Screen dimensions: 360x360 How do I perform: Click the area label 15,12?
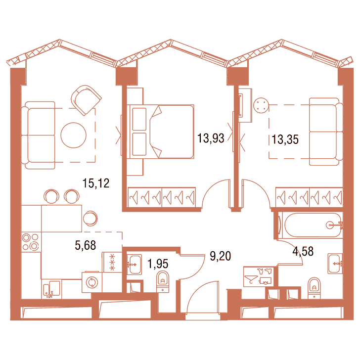(x=96, y=183)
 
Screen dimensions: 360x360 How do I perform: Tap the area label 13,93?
(x=211, y=138)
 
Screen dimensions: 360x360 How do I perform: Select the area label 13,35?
(x=285, y=139)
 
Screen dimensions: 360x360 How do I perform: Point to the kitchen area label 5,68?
(x=85, y=245)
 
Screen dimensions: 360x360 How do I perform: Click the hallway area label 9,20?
(x=220, y=256)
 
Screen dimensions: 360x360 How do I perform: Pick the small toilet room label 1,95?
(x=158, y=264)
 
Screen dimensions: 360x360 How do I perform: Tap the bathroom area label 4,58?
(x=303, y=251)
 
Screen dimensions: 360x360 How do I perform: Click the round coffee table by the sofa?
(x=74, y=135)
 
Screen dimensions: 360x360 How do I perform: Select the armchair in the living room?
(x=86, y=100)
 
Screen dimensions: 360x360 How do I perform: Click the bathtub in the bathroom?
(x=313, y=225)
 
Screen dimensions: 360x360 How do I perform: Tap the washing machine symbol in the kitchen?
(x=92, y=282)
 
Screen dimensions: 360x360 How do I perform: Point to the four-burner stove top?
(x=31, y=242)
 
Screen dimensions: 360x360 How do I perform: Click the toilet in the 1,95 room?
(x=163, y=282)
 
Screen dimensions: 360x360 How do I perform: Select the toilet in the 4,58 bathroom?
(x=314, y=288)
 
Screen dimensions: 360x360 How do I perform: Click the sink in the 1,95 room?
(x=134, y=265)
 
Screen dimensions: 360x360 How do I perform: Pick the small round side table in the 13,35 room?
(x=261, y=105)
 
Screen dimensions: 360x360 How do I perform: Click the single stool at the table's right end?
(x=90, y=219)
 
